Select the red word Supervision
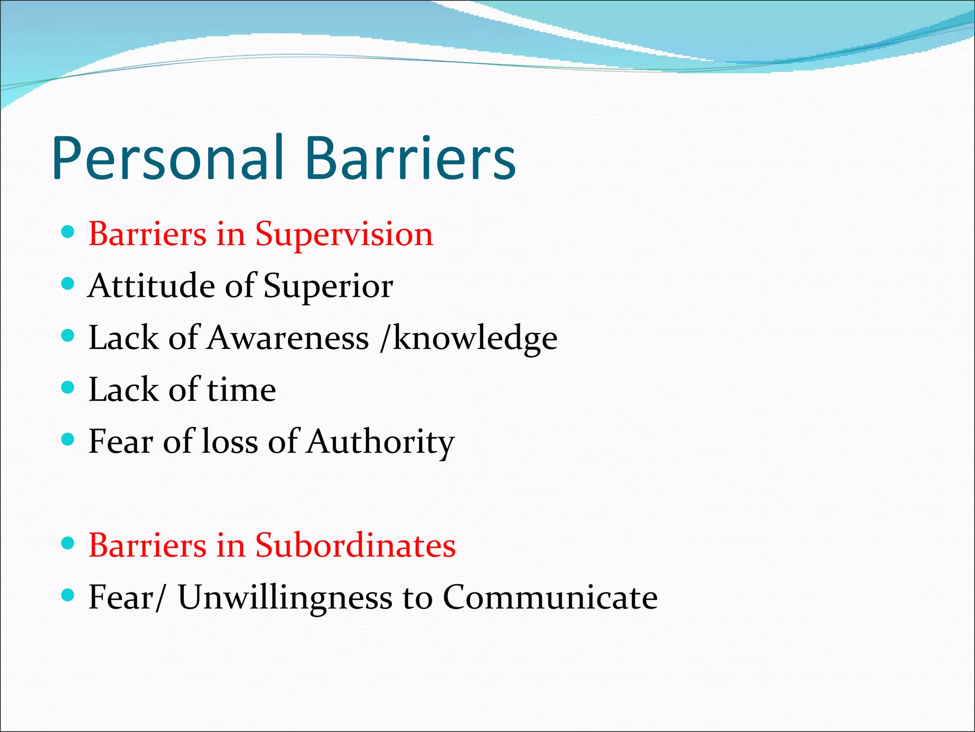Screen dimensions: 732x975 pyautogui.click(x=344, y=235)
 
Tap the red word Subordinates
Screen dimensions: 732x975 pyautogui.click(x=355, y=546)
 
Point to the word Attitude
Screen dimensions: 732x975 pyautogui.click(x=151, y=286)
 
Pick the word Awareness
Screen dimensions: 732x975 pyautogui.click(x=288, y=338)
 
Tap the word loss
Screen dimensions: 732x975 pyautogui.click(x=229, y=442)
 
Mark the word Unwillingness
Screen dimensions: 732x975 pyautogui.click(x=285, y=598)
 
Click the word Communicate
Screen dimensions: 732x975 pyautogui.click(x=550, y=597)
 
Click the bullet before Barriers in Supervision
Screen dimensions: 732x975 pyautogui.click(x=69, y=233)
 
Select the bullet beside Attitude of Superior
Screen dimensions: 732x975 pyautogui.click(x=69, y=285)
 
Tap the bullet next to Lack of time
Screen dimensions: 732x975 pyautogui.click(x=69, y=387)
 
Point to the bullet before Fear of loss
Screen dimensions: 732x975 pyautogui.click(x=69, y=439)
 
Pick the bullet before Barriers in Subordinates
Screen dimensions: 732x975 pyautogui.click(x=69, y=543)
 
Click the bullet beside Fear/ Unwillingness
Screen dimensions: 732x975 pyautogui.click(x=69, y=595)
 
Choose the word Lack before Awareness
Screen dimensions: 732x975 pyautogui.click(x=123, y=338)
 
